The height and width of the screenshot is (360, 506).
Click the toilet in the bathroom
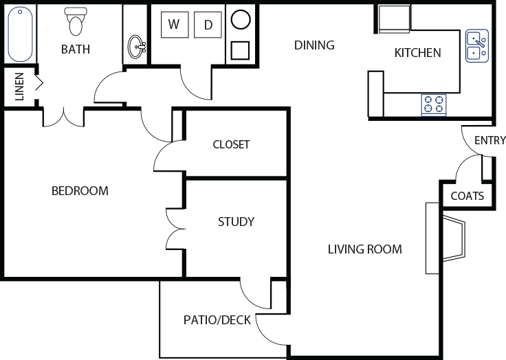76,22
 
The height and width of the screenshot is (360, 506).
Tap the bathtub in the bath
21,34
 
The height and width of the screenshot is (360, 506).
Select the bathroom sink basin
137,47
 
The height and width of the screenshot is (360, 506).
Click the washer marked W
175,25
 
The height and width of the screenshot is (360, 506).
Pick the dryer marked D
208,25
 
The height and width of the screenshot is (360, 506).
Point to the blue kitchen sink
476,45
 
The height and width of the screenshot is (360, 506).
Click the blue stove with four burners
434,104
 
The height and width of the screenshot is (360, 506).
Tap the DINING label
314,45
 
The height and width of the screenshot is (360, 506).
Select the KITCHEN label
418,53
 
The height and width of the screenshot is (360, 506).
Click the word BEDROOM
80,190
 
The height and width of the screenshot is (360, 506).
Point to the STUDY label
236,221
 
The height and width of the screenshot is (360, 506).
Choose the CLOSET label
231,144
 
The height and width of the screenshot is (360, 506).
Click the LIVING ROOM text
364,249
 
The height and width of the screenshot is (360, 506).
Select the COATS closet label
467,196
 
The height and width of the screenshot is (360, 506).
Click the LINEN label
19,86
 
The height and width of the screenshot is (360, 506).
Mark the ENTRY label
490,141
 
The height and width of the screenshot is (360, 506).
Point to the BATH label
76,49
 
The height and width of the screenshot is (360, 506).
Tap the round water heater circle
241,20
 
